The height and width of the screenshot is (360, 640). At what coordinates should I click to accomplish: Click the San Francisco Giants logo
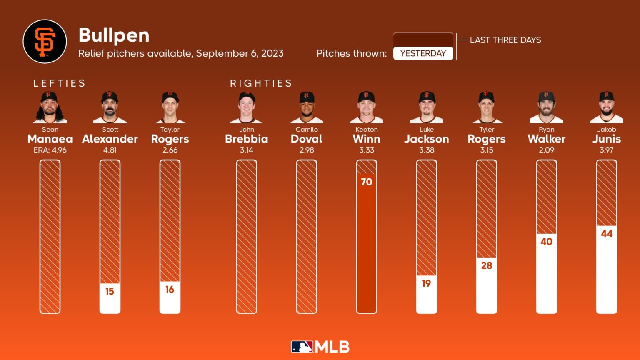pos(45,41)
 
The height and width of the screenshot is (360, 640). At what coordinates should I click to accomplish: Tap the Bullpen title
pos(114,35)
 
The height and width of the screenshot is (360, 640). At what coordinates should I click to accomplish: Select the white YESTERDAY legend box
pos(423,53)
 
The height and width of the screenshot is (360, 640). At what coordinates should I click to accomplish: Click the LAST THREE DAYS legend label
pos(505,40)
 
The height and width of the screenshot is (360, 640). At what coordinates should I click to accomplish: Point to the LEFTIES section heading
pos(59,83)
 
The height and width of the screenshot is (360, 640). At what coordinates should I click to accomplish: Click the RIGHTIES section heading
pos(261,83)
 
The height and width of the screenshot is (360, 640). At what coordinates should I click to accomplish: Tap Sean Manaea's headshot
pos(50,107)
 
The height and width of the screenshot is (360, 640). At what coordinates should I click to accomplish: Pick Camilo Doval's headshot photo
pos(307,107)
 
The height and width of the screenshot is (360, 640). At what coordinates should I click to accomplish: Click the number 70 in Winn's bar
pos(366,182)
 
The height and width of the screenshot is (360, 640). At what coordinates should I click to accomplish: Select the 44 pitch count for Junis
pos(607,234)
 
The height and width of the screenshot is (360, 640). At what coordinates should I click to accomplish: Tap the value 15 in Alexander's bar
pos(110,291)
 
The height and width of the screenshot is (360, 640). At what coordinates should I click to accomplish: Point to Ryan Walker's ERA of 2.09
pos(546,150)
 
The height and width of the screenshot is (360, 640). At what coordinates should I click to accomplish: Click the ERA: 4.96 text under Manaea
pos(50,150)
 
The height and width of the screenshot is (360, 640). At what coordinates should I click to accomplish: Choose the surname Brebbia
pos(246,139)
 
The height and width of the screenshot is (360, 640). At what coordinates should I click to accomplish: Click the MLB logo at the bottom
pos(320,347)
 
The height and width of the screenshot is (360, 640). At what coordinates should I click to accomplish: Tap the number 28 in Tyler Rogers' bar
pos(486,265)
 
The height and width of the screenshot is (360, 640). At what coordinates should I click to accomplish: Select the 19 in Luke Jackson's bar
pos(426,284)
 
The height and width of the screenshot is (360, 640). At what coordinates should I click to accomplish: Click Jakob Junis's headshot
pos(607,107)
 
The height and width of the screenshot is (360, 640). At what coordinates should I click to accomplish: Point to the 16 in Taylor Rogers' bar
pos(170,290)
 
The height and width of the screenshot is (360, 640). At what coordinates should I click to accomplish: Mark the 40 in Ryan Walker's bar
pos(546,242)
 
